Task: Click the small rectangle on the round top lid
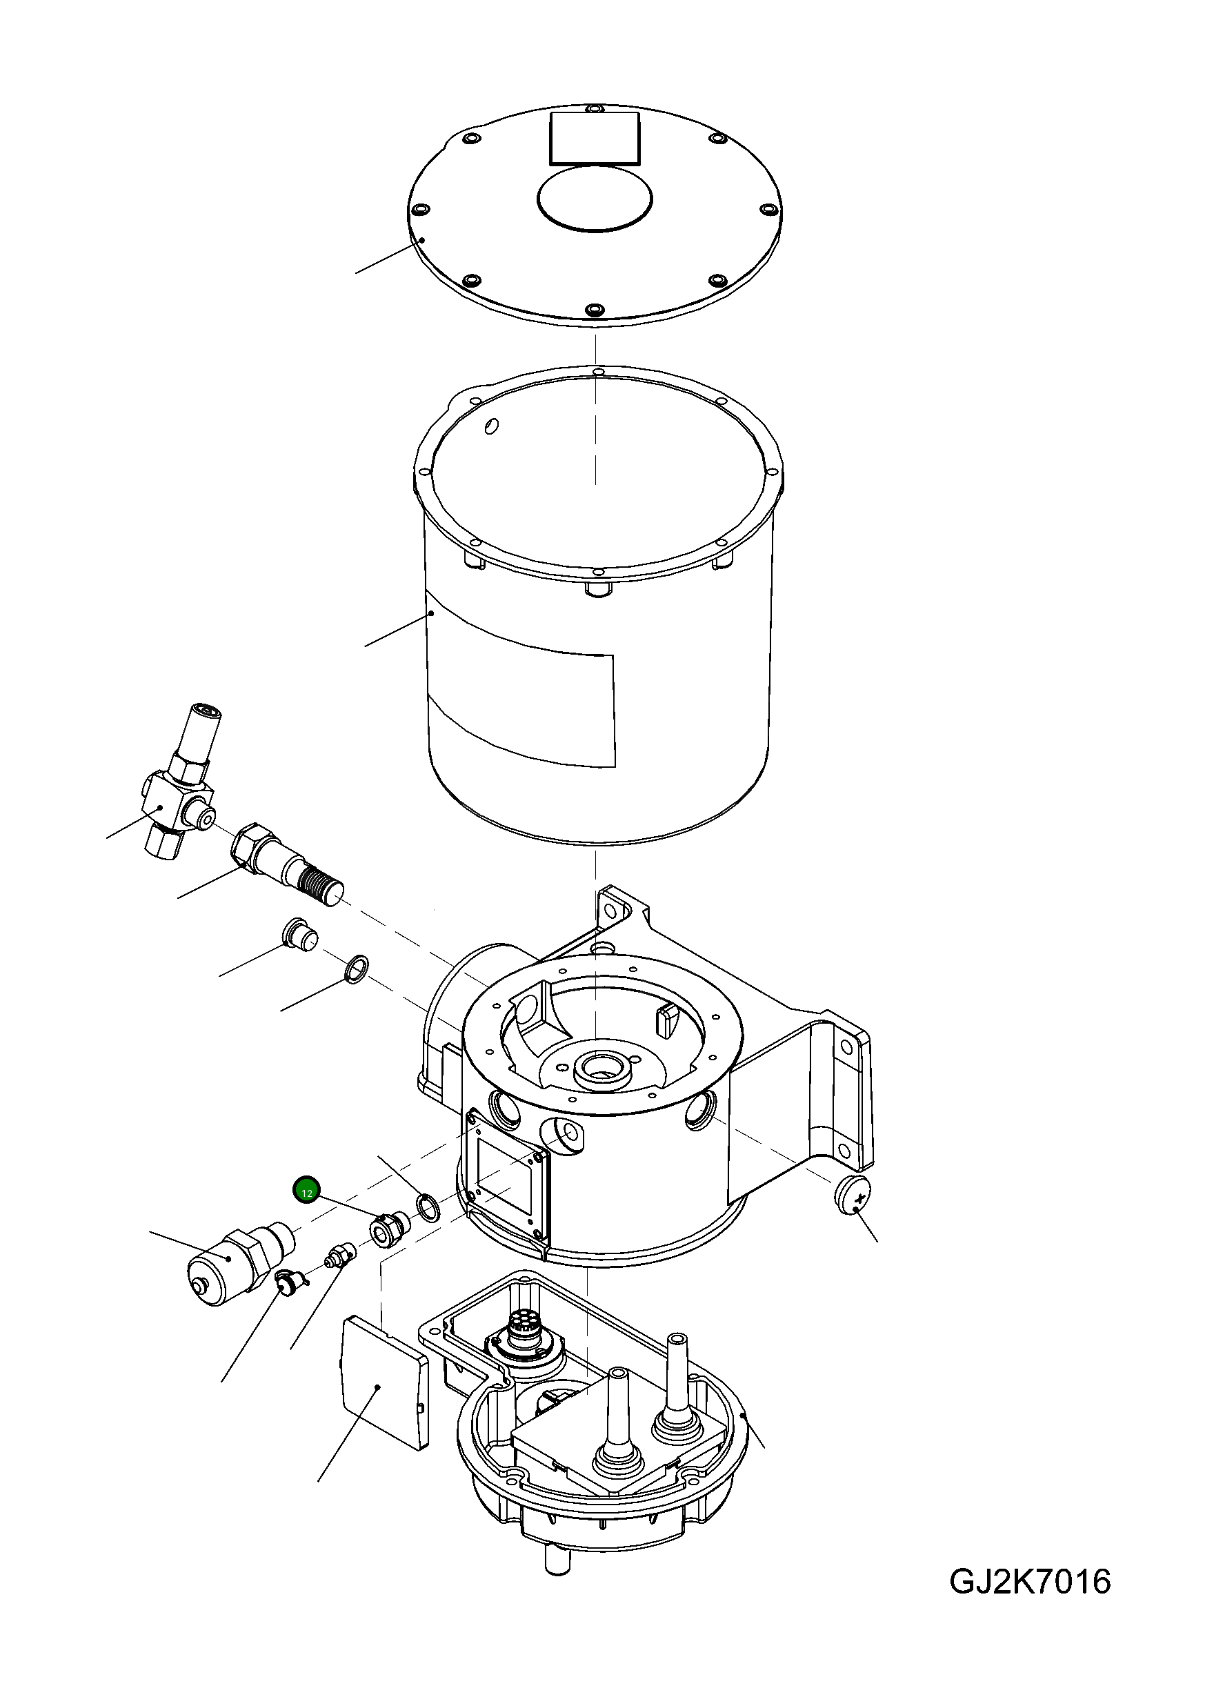595,139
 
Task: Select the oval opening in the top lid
595,197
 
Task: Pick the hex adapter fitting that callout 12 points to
388,1229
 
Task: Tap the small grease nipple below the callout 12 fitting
341,1256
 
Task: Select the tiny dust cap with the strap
286,1283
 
